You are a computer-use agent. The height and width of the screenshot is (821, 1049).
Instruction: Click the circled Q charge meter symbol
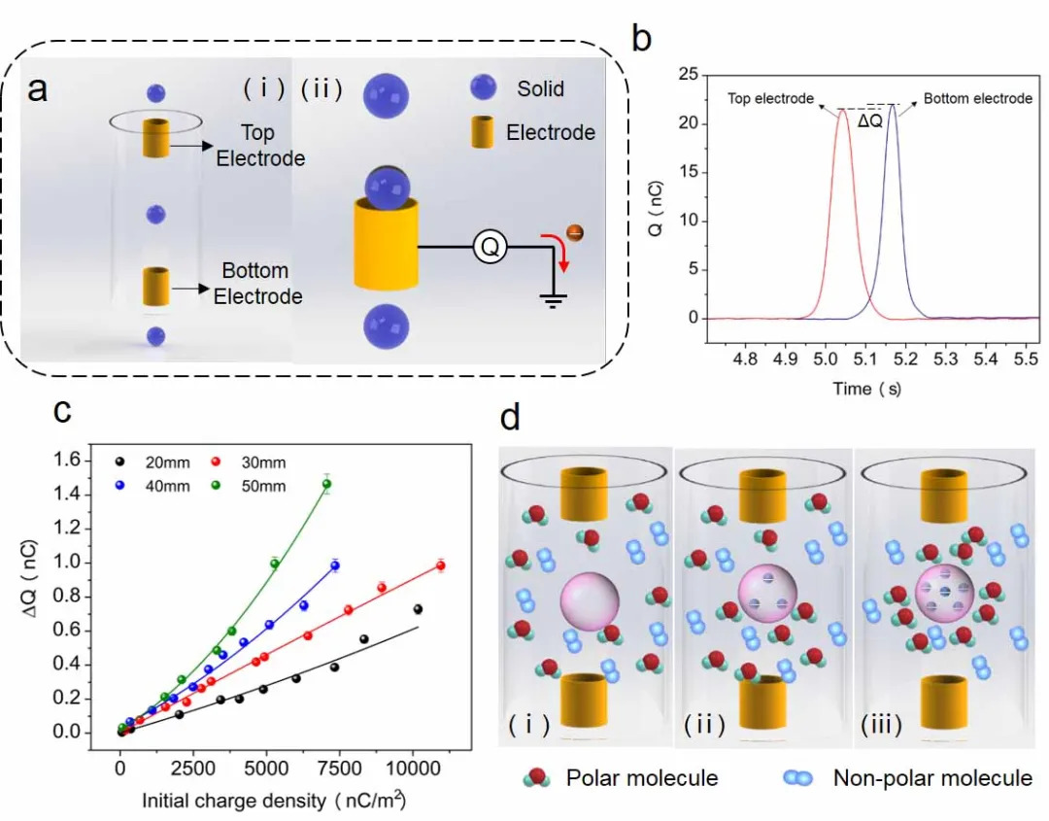click(x=491, y=249)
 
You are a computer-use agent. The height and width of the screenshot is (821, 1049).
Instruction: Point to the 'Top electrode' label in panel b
click(x=769, y=99)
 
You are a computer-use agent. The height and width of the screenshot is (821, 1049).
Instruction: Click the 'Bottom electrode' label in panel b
click(x=977, y=99)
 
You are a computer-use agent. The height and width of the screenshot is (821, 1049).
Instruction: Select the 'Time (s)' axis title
click(x=867, y=389)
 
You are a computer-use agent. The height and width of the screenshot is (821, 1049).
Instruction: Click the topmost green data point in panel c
click(x=326, y=484)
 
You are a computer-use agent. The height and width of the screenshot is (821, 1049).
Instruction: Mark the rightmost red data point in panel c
click(x=440, y=565)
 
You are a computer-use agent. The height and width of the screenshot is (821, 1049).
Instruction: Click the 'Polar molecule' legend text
click(x=641, y=778)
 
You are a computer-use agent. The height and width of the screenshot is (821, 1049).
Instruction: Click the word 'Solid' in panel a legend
click(x=540, y=89)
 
